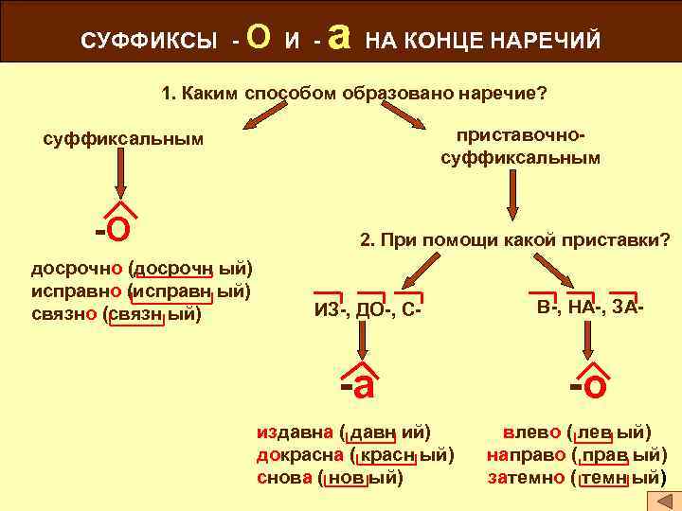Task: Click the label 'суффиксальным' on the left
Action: (x=123, y=139)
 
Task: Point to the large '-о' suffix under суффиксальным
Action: (x=113, y=227)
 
